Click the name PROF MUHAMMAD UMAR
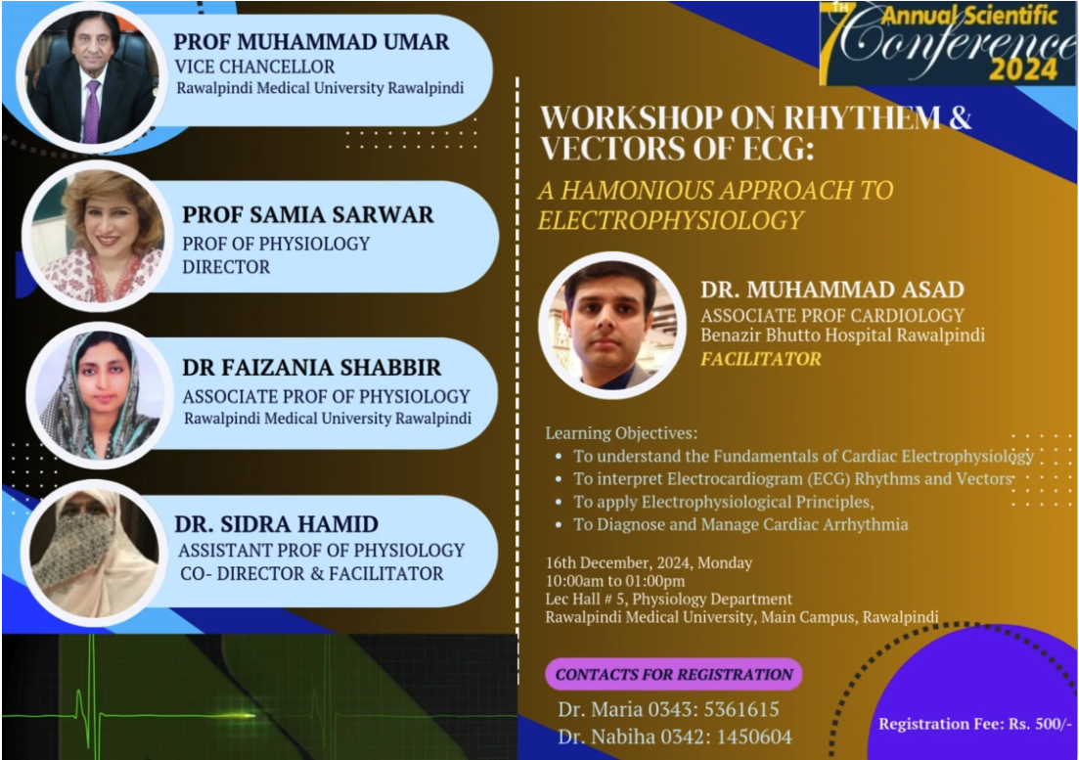pyautogui.click(x=311, y=42)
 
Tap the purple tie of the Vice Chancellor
pyautogui.click(x=92, y=111)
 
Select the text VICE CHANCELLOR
pyautogui.click(x=254, y=67)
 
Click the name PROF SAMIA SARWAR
pyautogui.click(x=307, y=214)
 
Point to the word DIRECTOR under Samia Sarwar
pyautogui.click(x=226, y=267)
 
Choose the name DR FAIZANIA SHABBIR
pyautogui.click(x=312, y=368)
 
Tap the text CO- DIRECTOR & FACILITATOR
pyautogui.click(x=312, y=573)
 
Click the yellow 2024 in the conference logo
pyautogui.click(x=1023, y=69)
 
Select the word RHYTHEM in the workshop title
pyautogui.click(x=862, y=117)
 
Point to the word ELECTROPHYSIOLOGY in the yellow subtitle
pyautogui.click(x=671, y=220)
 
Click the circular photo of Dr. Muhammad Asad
pyautogui.click(x=612, y=326)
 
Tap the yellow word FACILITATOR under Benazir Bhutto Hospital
pyautogui.click(x=760, y=359)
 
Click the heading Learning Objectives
pyautogui.click(x=621, y=433)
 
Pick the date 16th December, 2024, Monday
pyautogui.click(x=649, y=562)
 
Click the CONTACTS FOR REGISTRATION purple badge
pyautogui.click(x=674, y=675)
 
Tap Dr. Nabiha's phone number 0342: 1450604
pyautogui.click(x=726, y=738)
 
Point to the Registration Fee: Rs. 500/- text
pyautogui.click(x=975, y=724)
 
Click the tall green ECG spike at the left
pyautogui.click(x=91, y=694)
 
